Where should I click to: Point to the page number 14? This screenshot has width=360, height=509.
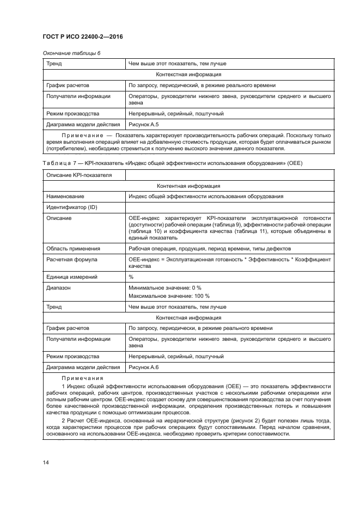[46, 462]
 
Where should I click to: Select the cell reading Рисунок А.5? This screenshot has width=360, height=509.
[143, 124]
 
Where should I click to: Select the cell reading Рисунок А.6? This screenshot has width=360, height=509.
[143, 367]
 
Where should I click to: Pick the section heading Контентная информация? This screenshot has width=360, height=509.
[188, 186]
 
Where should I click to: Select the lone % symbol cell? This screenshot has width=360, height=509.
[131, 277]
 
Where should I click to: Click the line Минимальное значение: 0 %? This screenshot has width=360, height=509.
[164, 287]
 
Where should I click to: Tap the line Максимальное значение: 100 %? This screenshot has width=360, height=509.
[169, 296]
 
